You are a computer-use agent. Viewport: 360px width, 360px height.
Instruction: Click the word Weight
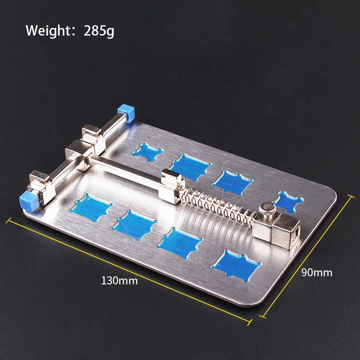click(48, 31)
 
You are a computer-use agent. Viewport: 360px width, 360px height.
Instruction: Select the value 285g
click(99, 31)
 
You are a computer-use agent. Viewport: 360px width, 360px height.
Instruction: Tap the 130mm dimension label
click(119, 280)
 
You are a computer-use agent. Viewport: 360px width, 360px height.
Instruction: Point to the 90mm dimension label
click(317, 273)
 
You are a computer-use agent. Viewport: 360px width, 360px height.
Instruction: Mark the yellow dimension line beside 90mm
click(307, 256)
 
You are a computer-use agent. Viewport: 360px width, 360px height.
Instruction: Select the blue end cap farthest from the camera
click(126, 112)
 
